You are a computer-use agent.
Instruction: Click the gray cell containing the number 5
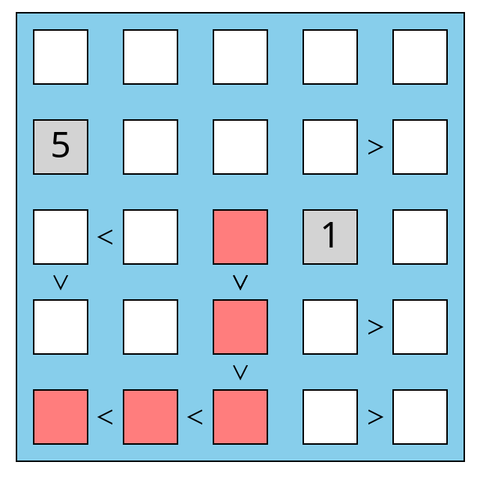click(61, 147)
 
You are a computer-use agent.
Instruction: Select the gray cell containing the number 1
click(330, 237)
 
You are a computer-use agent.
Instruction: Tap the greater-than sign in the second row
click(375, 147)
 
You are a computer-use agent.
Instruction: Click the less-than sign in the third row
click(106, 237)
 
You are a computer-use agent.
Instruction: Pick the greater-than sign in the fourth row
click(375, 327)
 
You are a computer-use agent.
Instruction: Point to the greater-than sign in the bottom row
click(375, 417)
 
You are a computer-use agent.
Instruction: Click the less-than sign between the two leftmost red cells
click(106, 417)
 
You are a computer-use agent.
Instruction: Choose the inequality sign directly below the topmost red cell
click(240, 282)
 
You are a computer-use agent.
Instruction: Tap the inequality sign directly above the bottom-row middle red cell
click(240, 372)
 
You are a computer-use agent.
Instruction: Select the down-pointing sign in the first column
click(61, 282)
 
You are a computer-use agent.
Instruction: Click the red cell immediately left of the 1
click(240, 237)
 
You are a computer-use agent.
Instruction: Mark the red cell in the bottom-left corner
click(61, 417)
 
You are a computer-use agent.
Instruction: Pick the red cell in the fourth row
click(240, 327)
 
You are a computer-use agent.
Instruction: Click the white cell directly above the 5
click(61, 57)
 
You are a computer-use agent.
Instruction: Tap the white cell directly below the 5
click(61, 237)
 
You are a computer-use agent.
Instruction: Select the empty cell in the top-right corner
click(420, 57)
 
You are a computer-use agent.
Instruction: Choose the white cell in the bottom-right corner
click(420, 417)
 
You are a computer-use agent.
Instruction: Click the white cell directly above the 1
click(330, 147)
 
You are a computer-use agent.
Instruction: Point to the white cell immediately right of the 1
click(420, 237)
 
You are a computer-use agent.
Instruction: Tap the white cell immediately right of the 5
click(151, 147)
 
